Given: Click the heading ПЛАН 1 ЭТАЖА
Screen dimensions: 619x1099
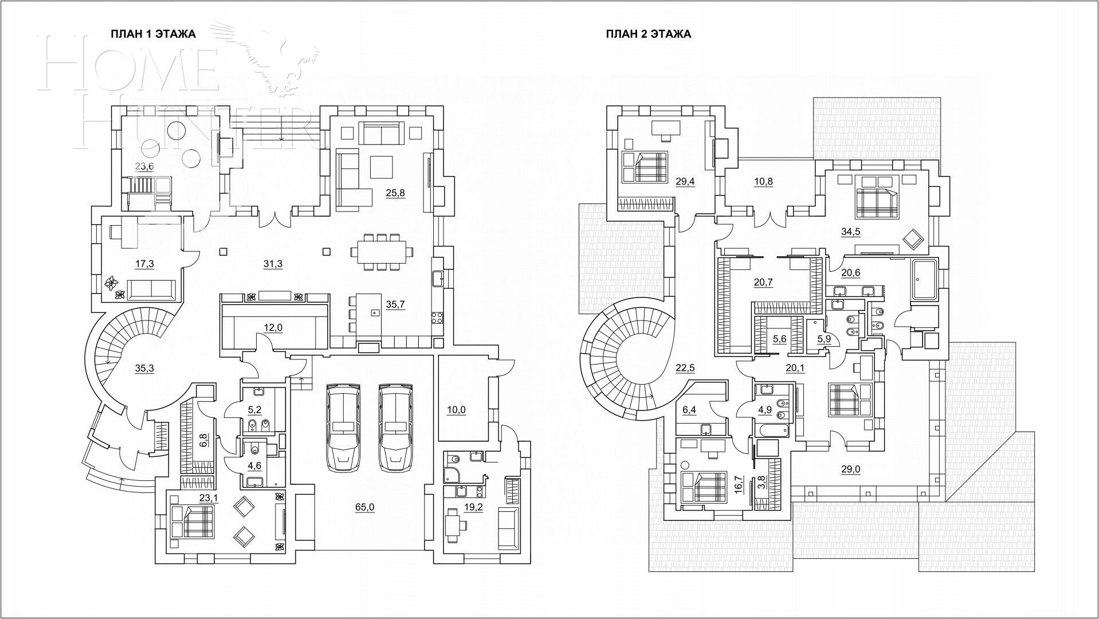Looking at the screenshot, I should click(x=153, y=34).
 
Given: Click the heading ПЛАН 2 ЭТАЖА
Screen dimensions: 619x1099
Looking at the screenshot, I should click(x=648, y=34).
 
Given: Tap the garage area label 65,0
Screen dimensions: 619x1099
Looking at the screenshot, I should click(x=364, y=507).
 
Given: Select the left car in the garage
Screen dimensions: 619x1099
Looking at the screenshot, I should click(x=343, y=428).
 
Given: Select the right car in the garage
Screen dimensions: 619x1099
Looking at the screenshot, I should click(x=395, y=428).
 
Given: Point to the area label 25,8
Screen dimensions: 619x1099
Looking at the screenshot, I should click(x=395, y=193).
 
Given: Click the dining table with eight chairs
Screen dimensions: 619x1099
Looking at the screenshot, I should click(x=382, y=252).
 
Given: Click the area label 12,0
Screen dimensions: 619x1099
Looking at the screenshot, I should click(x=273, y=328).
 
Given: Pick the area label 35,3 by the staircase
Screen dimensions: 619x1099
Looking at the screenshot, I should click(x=144, y=368).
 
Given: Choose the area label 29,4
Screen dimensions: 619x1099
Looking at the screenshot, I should click(x=685, y=181).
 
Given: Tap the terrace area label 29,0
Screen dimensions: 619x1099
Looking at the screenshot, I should click(x=850, y=469).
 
